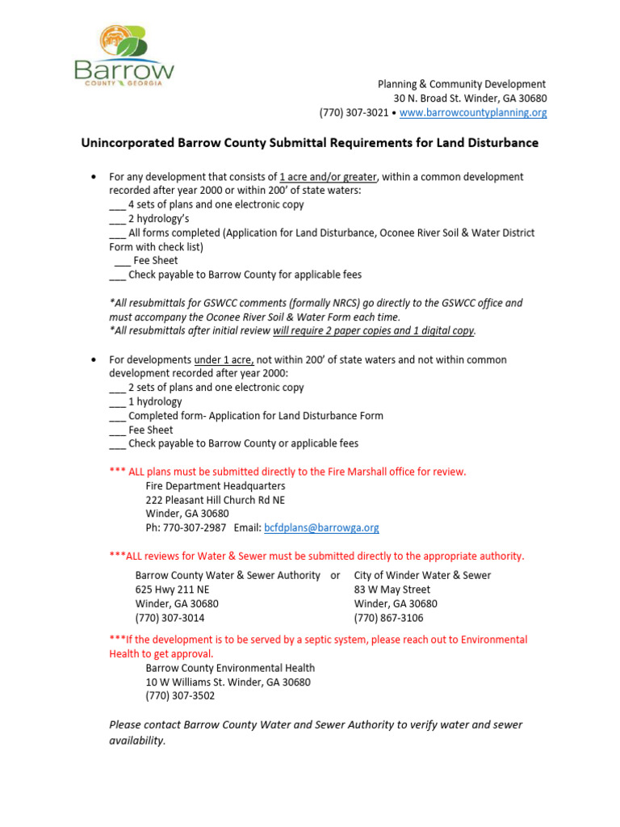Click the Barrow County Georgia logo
point(124,57)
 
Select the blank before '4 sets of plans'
point(117,205)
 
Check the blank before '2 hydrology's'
point(117,219)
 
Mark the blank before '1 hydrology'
point(117,402)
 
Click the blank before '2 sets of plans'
point(117,388)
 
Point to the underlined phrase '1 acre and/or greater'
point(327,177)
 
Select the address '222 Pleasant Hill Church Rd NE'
point(215,500)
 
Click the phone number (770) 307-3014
point(170,618)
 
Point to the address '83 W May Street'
point(392,590)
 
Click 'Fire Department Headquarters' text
point(215,486)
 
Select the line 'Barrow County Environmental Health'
point(230,668)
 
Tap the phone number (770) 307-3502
point(180,696)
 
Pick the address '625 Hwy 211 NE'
point(172,590)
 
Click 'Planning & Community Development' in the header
point(462,85)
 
